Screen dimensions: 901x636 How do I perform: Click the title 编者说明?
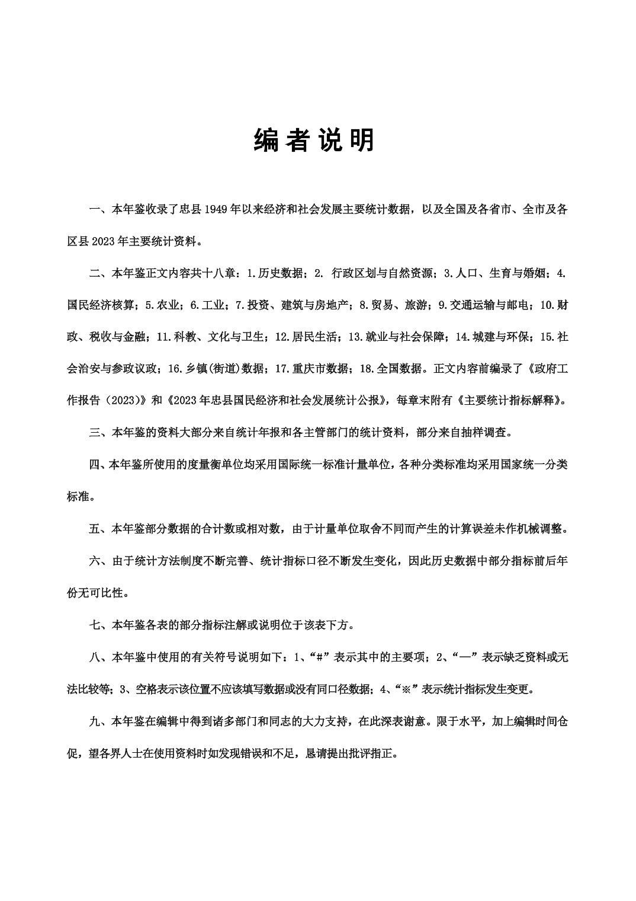click(x=314, y=140)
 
